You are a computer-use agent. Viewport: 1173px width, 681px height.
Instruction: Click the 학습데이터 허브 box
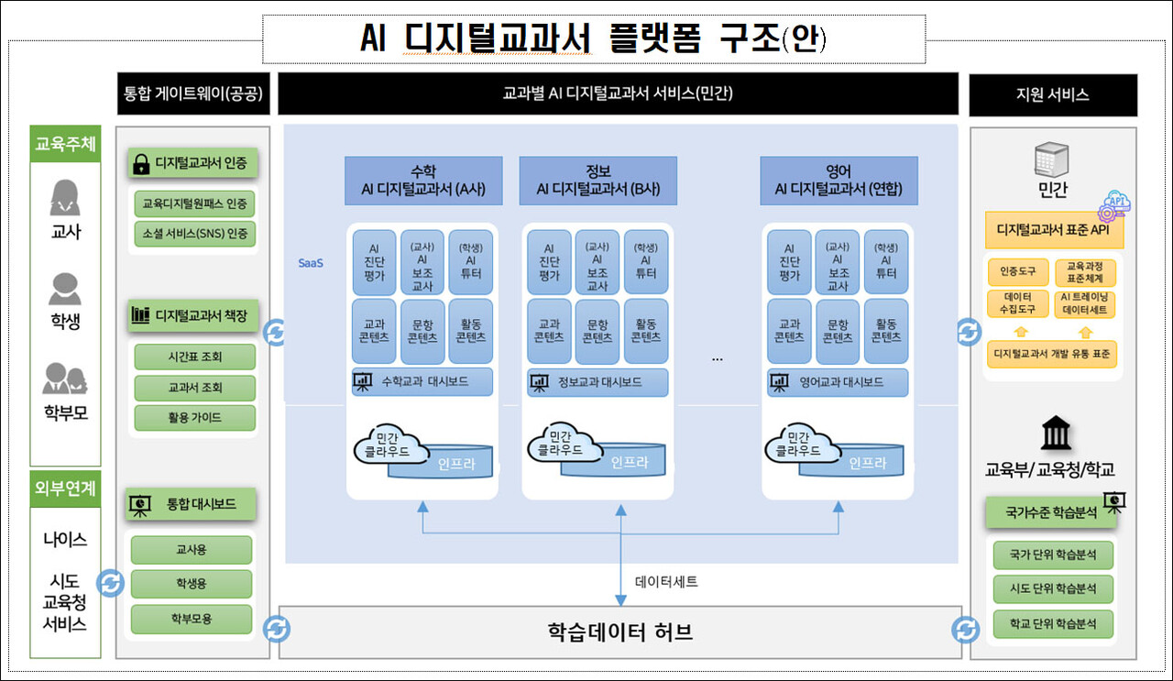[619, 632]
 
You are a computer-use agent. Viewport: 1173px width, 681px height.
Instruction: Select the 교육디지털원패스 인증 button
[194, 203]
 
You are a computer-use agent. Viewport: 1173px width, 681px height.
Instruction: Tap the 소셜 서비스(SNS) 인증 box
[194, 233]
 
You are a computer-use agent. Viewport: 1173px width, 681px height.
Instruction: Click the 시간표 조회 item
[194, 357]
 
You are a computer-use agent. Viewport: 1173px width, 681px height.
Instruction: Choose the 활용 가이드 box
[194, 417]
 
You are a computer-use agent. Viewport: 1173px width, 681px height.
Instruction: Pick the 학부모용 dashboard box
[191, 619]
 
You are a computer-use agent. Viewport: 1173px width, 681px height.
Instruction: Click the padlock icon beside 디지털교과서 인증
[141, 164]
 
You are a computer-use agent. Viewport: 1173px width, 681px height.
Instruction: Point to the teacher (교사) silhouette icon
[65, 198]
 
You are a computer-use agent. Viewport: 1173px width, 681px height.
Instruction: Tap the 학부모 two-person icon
[65, 379]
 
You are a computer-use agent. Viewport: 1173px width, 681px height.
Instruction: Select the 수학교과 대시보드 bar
[422, 381]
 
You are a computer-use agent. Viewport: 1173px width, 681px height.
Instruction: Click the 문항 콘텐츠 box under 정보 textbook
[597, 330]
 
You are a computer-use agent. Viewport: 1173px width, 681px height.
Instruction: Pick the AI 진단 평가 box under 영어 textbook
[789, 261]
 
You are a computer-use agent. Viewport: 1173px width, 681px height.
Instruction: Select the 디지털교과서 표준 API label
[1054, 231]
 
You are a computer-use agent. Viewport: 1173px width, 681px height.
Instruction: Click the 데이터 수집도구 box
[1017, 304]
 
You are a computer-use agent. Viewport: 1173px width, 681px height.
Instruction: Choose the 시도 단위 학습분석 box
[1053, 589]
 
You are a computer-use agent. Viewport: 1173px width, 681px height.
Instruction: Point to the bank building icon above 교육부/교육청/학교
[1057, 434]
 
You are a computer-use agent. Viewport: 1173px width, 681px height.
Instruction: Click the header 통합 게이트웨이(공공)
[193, 94]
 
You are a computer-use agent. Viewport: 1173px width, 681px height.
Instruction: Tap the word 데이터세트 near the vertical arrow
[667, 581]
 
